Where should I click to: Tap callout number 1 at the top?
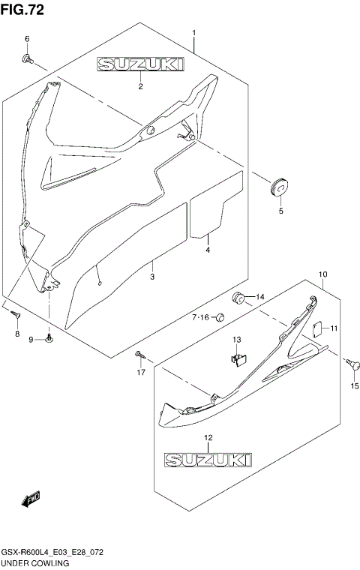pos(194,33)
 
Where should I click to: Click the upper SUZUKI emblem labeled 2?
pos(139,67)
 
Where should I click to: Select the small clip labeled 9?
pos(49,339)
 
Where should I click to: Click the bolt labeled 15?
pos(352,363)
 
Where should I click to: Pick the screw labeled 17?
pos(139,353)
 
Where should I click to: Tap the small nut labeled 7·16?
pos(220,317)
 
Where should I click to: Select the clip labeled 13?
pos(237,359)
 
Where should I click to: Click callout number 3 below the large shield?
pos(152,277)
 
